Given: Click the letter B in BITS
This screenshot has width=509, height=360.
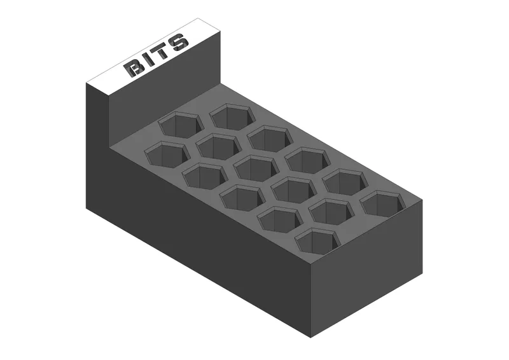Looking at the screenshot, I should pyautogui.click(x=135, y=67).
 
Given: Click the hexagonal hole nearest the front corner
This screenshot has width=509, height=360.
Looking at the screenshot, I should pyautogui.click(x=316, y=241).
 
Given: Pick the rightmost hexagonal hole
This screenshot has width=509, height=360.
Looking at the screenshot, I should pyautogui.click(x=383, y=203).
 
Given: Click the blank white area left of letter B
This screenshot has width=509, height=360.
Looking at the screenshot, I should pyautogui.click(x=108, y=81).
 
